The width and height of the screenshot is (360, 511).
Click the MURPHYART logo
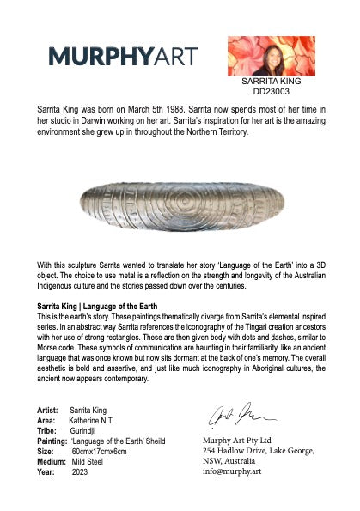(x=122, y=57)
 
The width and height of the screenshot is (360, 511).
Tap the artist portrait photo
(x=265, y=55)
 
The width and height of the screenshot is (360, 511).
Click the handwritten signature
(x=230, y=416)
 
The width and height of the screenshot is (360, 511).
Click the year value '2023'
(x=80, y=472)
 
